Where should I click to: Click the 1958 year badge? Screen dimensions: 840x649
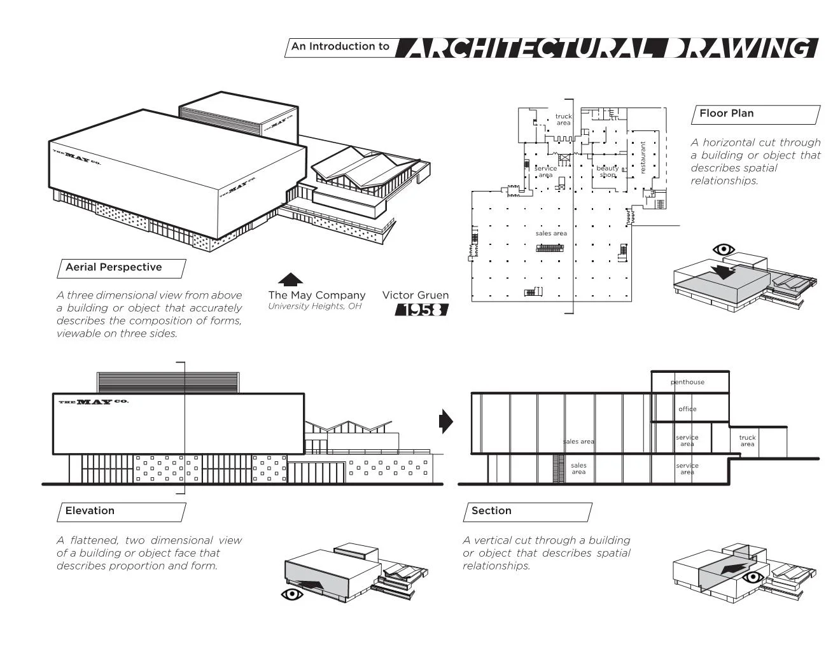pos(422,310)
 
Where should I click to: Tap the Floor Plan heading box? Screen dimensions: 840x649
pos(755,115)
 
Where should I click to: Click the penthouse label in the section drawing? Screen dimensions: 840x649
pos(687,382)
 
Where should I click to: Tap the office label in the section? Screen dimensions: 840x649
pos(687,409)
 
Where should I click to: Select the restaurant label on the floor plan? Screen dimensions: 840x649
pos(643,158)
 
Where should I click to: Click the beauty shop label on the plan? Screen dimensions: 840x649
pos(607,171)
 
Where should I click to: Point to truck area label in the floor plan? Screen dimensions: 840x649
pos(563,120)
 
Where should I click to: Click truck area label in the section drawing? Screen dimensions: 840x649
pos(747,440)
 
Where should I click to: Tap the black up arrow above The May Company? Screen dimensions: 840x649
pos(290,279)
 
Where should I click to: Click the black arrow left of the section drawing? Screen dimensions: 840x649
pos(446,421)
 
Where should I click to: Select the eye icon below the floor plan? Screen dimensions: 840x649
pos(724,249)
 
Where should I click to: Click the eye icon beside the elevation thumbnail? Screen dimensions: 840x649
pos(291,594)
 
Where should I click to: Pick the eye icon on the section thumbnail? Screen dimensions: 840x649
pos(753,577)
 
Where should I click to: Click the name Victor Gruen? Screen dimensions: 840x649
pos(415,295)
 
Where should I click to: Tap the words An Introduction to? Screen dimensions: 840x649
pos(340,46)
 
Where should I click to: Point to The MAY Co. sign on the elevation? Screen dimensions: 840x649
pos(94,402)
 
